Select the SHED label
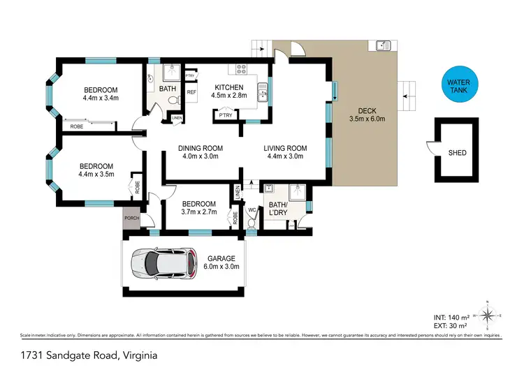point(457,153)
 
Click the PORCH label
point(132,219)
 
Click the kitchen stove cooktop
point(242,69)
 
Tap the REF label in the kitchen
point(191,91)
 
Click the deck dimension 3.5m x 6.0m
point(367,119)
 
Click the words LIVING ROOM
point(285,147)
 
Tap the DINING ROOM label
point(201,147)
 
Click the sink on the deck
point(382,46)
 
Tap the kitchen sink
point(263,92)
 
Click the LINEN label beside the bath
point(177,118)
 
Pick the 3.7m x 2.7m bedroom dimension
point(199,211)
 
